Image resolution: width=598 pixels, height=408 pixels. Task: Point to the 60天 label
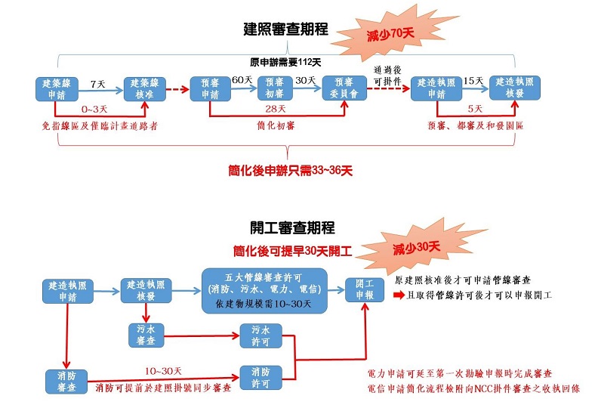tap(242, 80)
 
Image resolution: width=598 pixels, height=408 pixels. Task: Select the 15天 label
tap(473, 80)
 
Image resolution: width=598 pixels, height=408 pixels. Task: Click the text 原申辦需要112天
tap(285, 62)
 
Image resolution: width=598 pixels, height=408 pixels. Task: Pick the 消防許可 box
tap(260, 377)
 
